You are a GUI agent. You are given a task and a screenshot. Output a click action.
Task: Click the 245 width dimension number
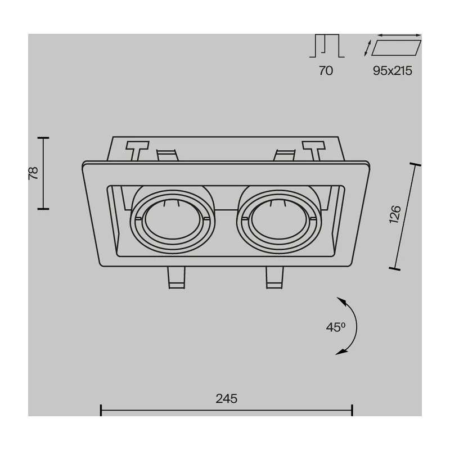[227, 399]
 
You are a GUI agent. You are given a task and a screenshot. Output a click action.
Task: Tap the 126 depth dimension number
[395, 214]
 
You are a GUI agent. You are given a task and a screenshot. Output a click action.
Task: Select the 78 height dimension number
[33, 173]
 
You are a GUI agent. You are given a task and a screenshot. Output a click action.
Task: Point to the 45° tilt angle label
[335, 327]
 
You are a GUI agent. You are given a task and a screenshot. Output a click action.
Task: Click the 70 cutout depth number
[326, 71]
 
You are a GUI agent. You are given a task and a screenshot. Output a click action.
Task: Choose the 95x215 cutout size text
[392, 71]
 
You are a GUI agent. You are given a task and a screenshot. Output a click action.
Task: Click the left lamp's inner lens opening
[172, 219]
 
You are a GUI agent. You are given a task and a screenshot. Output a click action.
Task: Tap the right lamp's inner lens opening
[279, 219]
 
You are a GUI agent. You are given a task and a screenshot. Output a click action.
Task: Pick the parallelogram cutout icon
[397, 48]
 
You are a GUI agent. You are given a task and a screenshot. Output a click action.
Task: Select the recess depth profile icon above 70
[327, 46]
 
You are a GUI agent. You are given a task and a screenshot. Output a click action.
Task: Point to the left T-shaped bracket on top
[137, 150]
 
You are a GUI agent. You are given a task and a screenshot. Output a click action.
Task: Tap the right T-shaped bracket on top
[314, 150]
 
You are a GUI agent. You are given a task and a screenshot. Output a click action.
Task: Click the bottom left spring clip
[177, 277]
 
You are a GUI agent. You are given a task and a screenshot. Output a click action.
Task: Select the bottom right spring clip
[274, 277]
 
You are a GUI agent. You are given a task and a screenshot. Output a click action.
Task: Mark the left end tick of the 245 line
[101, 410]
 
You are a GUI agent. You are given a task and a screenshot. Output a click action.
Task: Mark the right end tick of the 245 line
[352, 410]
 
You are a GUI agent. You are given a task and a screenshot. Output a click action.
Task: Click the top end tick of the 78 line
[43, 138]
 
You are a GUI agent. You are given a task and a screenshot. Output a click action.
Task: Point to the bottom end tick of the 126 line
[395, 269]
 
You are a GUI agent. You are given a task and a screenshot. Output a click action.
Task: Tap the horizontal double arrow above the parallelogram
[399, 35]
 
